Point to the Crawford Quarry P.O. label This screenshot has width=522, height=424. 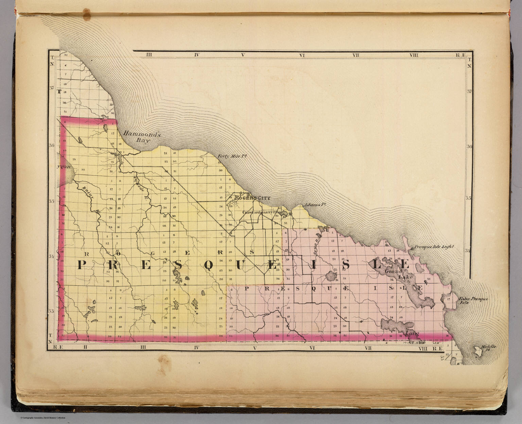point(260,212)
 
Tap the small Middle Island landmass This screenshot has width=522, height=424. point(479,353)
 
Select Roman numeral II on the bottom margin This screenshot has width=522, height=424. point(86,347)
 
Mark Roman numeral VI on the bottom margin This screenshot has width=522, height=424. point(313,347)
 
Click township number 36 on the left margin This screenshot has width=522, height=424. point(52,145)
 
